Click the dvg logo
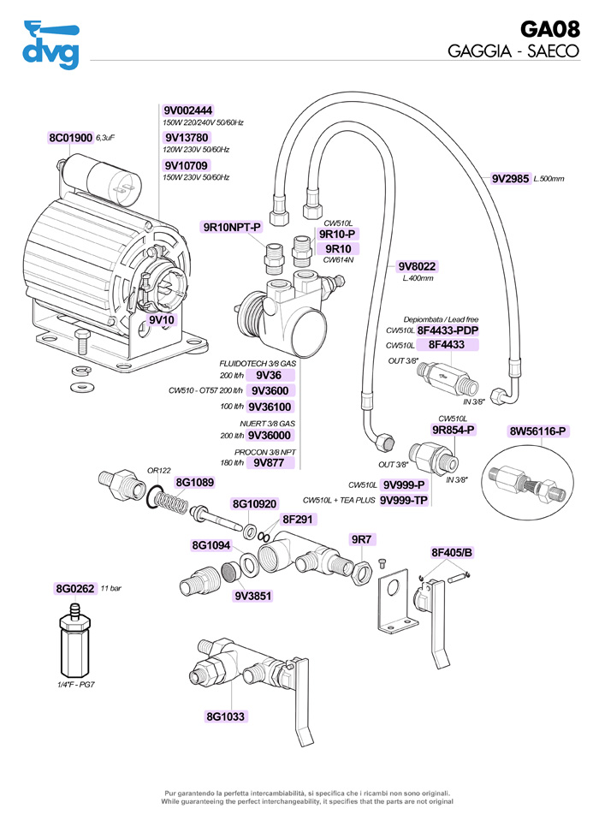(50, 45)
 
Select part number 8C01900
(70, 137)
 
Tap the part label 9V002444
(187, 110)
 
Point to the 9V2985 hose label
(510, 178)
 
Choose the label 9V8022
(417, 266)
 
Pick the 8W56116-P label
(538, 431)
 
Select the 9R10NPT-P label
(231, 227)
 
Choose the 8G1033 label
(225, 716)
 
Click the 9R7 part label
(362, 539)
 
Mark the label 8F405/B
(452, 552)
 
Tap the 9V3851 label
(252, 597)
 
